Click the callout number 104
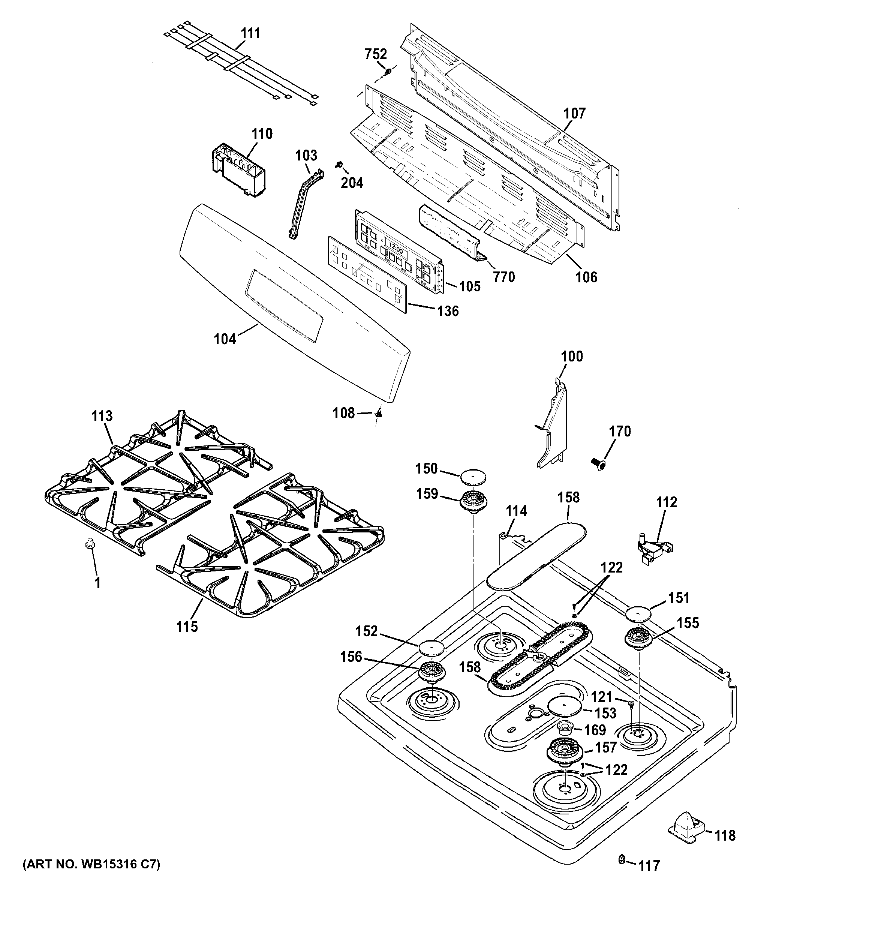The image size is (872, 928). coord(225,339)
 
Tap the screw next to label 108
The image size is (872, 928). coord(379,413)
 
